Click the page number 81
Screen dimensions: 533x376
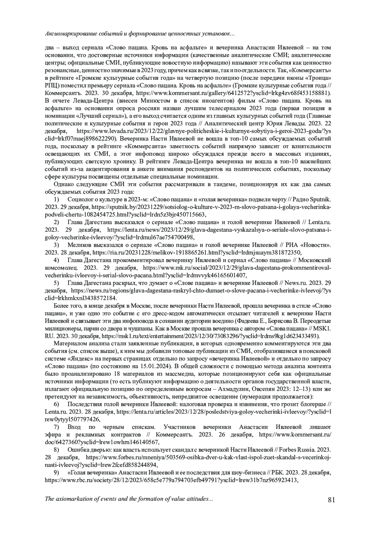(331, 499)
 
